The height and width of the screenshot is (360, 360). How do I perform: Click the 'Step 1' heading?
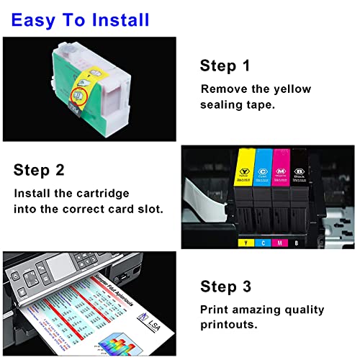(x=225, y=67)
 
